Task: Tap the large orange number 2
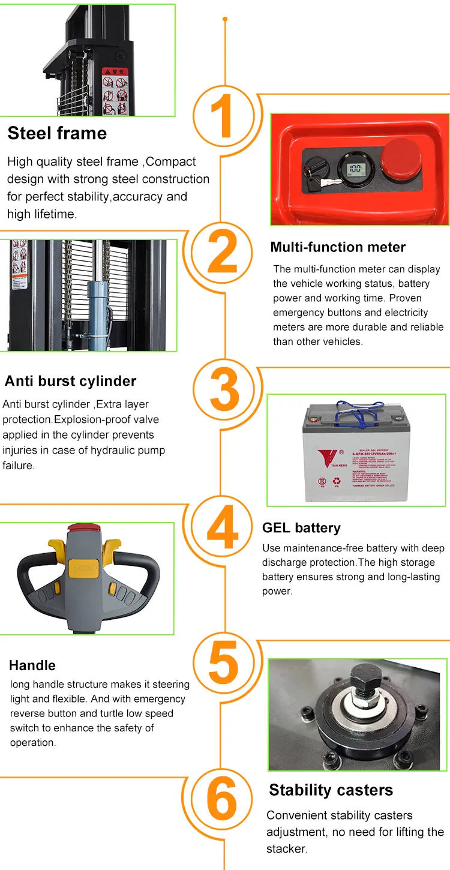(223, 254)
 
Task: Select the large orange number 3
(224, 391)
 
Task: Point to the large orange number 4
(223, 529)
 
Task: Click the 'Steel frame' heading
(57, 133)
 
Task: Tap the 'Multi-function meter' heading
(338, 247)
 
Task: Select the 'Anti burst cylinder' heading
(70, 381)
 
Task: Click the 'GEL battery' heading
(301, 528)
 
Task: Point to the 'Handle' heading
(32, 665)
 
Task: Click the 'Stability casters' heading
(331, 790)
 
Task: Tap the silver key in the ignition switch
(327, 182)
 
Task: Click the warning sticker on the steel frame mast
(115, 91)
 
